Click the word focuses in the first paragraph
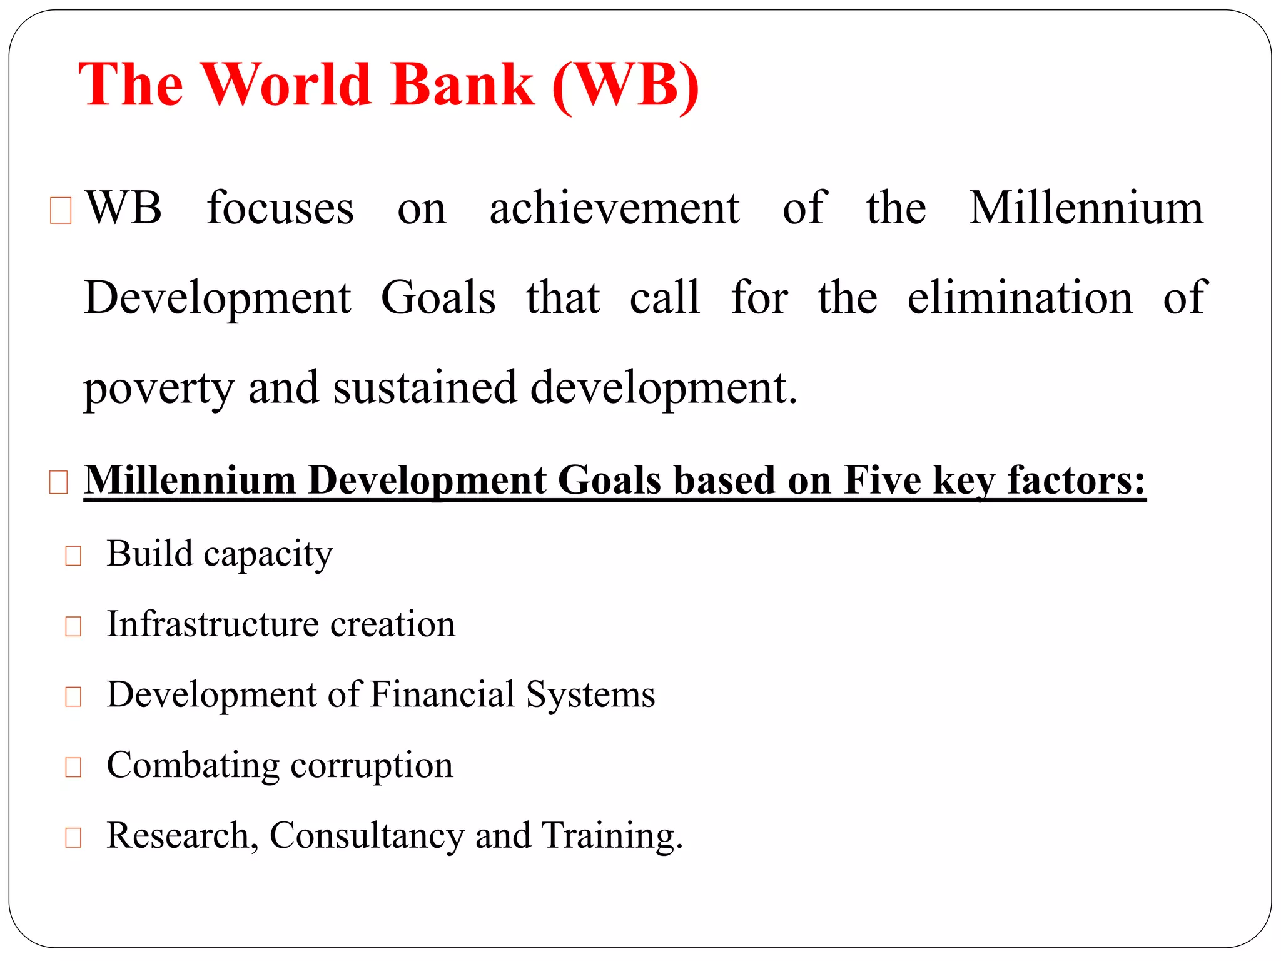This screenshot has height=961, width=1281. tap(280, 208)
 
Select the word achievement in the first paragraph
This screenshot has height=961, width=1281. tap(614, 208)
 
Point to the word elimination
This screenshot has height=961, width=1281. tap(1020, 297)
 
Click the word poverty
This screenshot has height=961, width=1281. tap(159, 389)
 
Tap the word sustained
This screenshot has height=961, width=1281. tap(425, 387)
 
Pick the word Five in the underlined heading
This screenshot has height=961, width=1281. tap(882, 480)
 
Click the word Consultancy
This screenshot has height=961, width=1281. tap(367, 835)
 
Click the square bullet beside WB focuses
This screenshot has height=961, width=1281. tap(61, 210)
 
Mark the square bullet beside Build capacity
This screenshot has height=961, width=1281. tap(73, 556)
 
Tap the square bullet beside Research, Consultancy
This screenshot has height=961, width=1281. tap(73, 837)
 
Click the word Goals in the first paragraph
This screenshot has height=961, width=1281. tap(438, 297)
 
